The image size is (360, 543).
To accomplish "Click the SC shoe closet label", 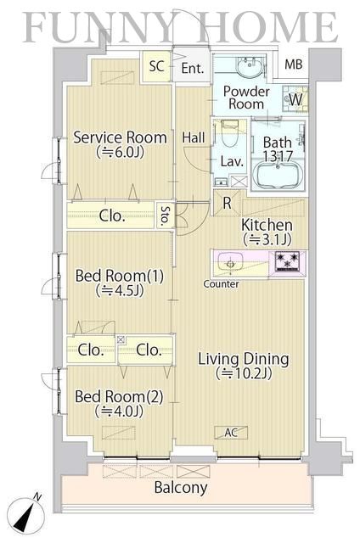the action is (156, 66).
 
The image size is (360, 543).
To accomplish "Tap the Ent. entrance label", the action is (193, 68).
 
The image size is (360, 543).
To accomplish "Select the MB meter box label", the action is (294, 64).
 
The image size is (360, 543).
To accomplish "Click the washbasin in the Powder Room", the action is (250, 66).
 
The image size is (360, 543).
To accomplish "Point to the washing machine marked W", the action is (295, 98).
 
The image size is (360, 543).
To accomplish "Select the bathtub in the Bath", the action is (278, 175).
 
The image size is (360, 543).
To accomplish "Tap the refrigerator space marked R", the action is (227, 203).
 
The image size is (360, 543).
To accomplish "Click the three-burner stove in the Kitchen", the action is (287, 260).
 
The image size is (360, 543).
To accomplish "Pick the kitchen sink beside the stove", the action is (230, 264).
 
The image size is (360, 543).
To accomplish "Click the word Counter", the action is (221, 284).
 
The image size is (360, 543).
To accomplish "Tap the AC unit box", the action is (231, 433).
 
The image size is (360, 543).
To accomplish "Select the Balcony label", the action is (181, 488).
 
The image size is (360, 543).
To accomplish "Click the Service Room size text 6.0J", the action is (120, 152).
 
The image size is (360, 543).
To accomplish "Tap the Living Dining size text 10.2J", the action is (244, 373).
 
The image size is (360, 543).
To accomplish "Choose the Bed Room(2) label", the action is (119, 397).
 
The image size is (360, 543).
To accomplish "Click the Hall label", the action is (194, 137).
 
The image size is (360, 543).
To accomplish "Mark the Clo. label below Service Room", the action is (111, 216).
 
